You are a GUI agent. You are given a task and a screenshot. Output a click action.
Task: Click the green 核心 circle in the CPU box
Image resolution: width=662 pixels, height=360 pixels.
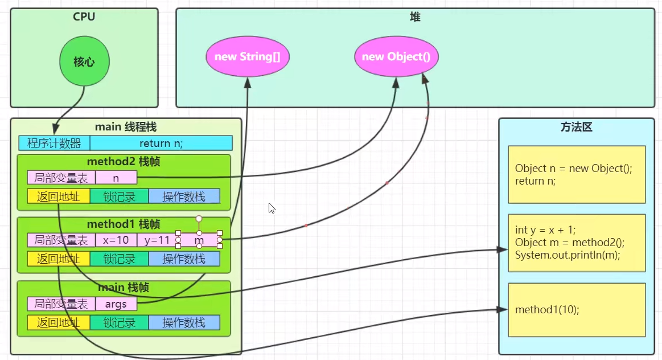pos(84,62)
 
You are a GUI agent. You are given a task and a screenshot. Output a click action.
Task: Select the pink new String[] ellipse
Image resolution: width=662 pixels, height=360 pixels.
pos(248,56)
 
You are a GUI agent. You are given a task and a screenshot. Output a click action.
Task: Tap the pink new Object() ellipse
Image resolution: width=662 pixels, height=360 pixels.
pos(396,56)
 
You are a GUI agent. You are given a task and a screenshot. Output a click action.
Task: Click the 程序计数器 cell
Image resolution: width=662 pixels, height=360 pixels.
pos(54,143)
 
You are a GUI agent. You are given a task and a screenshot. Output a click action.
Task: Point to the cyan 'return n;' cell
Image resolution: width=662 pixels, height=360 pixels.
pos(161,143)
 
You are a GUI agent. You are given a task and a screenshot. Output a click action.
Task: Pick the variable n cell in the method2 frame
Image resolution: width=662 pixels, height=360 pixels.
pos(116,178)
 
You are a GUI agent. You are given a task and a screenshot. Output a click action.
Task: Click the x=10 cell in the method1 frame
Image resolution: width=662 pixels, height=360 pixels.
pos(116,240)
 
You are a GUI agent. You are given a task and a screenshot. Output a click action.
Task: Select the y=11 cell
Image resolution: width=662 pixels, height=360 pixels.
pos(157,240)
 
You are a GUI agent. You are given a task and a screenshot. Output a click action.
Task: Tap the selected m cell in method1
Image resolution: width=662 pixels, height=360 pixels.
pos(199,240)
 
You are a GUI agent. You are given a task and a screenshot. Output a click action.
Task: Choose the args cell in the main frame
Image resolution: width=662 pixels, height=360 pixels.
pos(116,304)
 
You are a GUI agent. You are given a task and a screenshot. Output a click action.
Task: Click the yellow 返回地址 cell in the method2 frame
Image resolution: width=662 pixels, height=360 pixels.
pos(58,196)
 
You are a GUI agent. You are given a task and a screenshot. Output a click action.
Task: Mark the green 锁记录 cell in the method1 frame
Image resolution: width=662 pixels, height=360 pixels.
pos(119,259)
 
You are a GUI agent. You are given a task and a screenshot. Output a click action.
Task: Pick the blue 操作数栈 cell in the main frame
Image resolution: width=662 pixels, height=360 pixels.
pos(184,322)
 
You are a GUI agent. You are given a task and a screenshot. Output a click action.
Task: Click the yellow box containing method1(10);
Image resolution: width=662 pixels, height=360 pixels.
pos(577,310)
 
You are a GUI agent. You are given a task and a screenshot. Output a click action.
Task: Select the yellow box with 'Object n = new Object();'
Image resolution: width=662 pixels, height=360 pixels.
pos(577,174)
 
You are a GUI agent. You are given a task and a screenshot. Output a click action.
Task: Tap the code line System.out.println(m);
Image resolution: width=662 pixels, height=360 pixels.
pos(568,255)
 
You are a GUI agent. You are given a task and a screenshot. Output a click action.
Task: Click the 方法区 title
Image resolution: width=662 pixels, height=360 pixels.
pos(576,127)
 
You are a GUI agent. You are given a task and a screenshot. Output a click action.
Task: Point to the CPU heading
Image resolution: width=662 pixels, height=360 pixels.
pos(84,17)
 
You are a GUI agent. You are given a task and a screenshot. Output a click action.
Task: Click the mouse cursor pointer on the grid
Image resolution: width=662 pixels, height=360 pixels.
pos(272,208)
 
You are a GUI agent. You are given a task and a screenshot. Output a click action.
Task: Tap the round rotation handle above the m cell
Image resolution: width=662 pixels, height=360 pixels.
pos(199,219)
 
